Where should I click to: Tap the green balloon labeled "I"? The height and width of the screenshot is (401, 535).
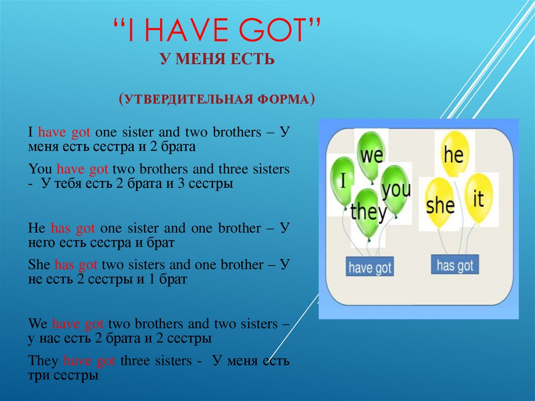tap(343, 181)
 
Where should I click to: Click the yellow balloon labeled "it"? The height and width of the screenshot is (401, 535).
tap(479, 199)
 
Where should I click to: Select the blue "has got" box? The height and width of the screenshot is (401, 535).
tap(455, 265)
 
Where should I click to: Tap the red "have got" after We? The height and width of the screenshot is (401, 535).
tap(78, 324)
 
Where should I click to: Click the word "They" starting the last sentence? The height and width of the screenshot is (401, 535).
tap(43, 361)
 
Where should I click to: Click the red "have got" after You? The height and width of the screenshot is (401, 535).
tap(82, 169)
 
